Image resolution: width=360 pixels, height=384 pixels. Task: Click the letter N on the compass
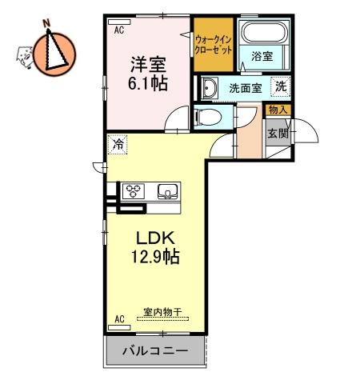[x=47, y=23]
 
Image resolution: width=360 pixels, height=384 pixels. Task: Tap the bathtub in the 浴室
[x=265, y=32]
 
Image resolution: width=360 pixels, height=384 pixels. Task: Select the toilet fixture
[x=208, y=117]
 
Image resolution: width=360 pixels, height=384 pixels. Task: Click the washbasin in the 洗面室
[x=210, y=88]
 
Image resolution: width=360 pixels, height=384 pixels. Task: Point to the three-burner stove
[x=134, y=191]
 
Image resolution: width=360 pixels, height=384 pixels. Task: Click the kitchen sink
[x=168, y=191]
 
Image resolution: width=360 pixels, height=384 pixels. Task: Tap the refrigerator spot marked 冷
[x=118, y=144]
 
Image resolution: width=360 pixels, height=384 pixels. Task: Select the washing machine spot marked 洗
[x=280, y=86]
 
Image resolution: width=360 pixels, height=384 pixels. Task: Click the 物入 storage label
[x=278, y=110]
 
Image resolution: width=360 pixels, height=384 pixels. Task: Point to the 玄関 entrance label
[x=278, y=133]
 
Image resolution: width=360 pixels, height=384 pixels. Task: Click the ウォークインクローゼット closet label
[x=214, y=45]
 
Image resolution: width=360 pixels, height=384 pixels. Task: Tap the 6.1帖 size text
[x=148, y=83]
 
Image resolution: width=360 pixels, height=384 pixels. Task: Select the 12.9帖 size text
[x=155, y=256]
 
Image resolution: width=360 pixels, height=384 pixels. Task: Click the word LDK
[x=156, y=238]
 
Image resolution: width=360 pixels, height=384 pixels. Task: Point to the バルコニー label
[x=155, y=350]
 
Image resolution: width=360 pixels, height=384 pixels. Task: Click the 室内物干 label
[x=162, y=311]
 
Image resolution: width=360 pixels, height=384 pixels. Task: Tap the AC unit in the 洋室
[x=119, y=22]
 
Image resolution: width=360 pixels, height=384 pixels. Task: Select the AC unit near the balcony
[x=119, y=327]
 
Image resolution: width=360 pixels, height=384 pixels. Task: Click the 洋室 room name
[x=148, y=65]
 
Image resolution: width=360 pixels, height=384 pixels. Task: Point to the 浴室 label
[x=262, y=56]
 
